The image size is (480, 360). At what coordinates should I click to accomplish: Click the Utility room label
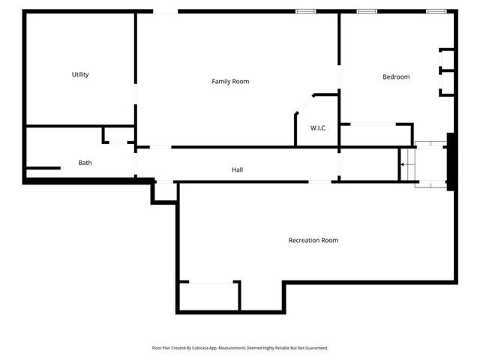click(80, 74)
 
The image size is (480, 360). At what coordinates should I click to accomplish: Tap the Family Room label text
click(230, 81)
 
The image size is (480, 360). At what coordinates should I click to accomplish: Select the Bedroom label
click(396, 76)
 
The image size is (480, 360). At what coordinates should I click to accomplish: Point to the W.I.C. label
click(319, 128)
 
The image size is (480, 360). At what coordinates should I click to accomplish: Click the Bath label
click(85, 163)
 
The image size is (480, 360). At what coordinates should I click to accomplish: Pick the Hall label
click(237, 169)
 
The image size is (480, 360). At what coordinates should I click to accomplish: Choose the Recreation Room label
click(313, 240)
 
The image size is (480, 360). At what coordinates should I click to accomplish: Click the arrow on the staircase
click(403, 163)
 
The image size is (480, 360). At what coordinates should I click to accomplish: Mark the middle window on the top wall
click(367, 11)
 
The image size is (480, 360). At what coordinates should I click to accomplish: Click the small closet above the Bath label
click(118, 134)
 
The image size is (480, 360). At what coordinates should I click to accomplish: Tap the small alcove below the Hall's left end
click(165, 191)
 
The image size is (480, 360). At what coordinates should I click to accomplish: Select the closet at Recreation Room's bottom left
click(208, 296)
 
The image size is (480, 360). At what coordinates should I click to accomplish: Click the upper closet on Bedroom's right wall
click(447, 60)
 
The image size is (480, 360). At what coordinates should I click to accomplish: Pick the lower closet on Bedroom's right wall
click(447, 83)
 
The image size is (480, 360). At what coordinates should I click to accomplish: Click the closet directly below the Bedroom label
click(376, 135)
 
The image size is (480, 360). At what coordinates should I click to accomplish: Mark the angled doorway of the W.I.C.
click(304, 104)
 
